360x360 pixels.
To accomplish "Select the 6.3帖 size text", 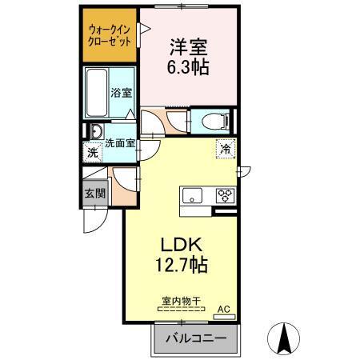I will click(189, 67).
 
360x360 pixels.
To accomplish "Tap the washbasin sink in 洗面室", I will click(96, 132).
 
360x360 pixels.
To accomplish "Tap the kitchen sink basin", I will click(193, 195).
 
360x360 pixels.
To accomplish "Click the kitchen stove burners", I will click(223, 195).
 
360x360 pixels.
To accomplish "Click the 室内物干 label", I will click(181, 302).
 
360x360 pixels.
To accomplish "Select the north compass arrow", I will click(285, 338).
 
